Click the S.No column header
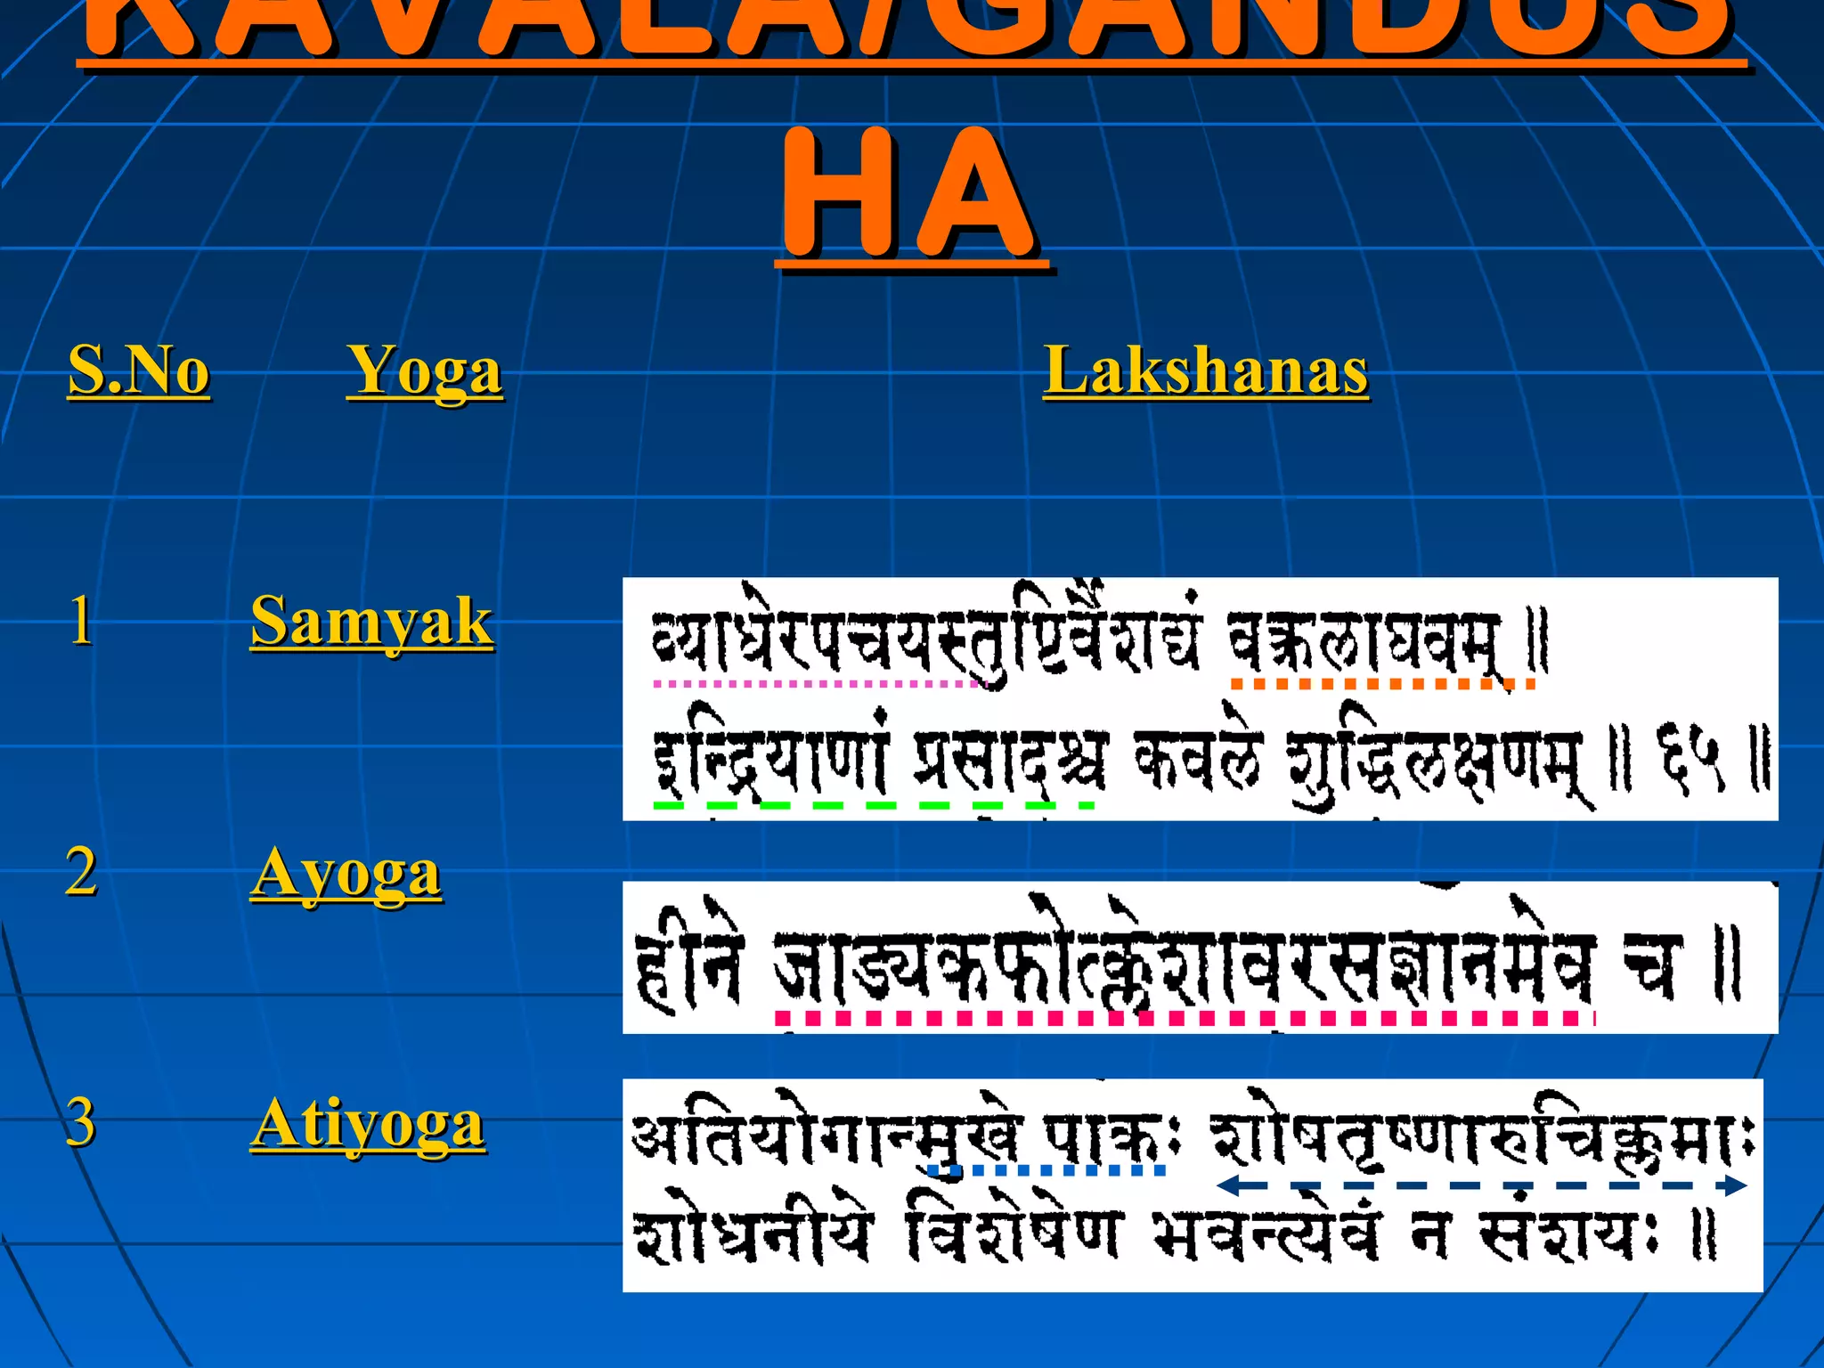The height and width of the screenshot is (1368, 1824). (139, 370)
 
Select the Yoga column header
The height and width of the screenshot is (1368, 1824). (425, 371)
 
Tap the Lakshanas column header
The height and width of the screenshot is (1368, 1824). (1206, 370)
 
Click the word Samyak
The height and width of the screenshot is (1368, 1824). (371, 621)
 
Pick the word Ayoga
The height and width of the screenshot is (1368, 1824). (346, 873)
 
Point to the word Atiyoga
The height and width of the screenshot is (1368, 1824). (368, 1123)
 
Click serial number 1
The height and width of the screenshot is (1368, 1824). (81, 620)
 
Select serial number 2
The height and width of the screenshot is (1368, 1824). (81, 871)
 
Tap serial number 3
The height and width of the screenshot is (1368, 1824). (81, 1122)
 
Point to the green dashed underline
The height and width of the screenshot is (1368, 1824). (873, 805)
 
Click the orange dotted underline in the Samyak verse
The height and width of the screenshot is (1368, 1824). (1382, 684)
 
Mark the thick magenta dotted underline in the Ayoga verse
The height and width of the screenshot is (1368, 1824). (1185, 1017)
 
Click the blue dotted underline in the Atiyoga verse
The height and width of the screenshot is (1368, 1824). (1047, 1169)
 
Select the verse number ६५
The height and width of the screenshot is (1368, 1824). (1690, 759)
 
